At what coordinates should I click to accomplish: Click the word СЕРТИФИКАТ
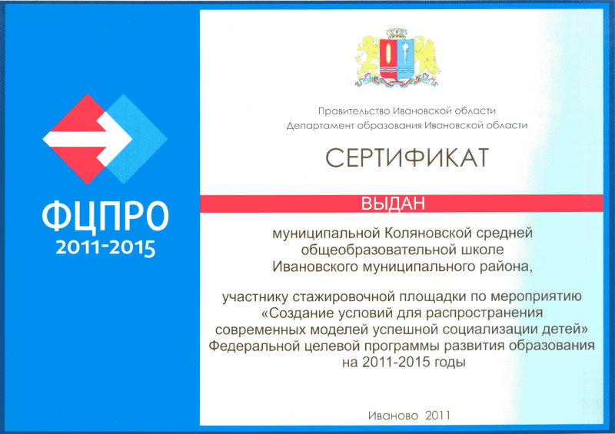[x=407, y=158]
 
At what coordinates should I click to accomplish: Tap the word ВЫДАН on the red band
[x=393, y=204]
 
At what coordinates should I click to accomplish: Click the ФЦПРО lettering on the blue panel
[x=105, y=217]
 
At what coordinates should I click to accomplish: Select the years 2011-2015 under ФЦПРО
[x=105, y=248]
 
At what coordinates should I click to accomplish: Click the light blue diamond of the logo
[x=135, y=139]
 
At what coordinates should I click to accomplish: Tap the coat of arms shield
[x=397, y=59]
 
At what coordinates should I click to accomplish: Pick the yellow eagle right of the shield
[x=427, y=57]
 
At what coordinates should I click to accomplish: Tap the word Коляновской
[x=428, y=234]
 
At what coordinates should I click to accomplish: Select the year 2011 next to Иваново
[x=437, y=416]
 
